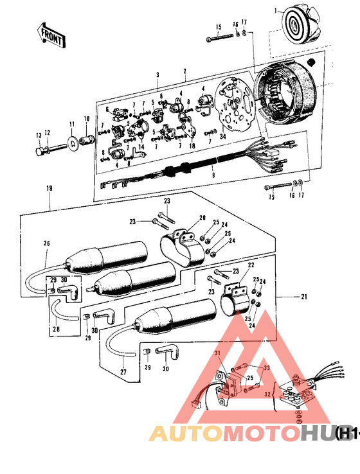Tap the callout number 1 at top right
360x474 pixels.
[x=276, y=11]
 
